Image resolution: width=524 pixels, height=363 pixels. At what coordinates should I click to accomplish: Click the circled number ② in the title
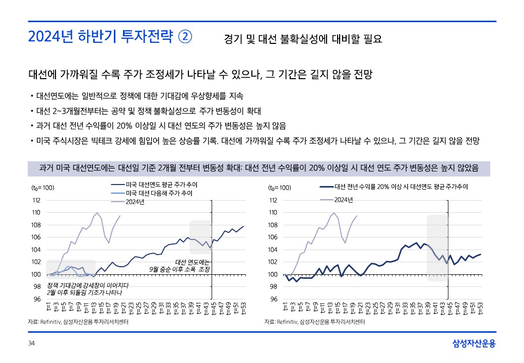point(185,37)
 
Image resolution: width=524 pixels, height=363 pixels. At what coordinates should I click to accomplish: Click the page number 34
point(31,344)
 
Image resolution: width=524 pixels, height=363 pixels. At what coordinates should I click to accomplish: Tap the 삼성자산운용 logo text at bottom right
point(474,344)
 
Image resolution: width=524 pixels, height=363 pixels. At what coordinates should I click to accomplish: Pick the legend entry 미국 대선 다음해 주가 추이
point(159,193)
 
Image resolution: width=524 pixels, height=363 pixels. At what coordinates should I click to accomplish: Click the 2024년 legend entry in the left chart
point(135,202)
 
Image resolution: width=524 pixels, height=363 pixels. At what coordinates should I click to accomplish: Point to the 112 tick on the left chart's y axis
point(36,200)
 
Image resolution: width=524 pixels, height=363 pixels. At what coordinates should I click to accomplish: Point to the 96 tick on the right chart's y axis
point(274,299)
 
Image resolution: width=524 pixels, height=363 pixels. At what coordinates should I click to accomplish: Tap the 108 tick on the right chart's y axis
point(273,225)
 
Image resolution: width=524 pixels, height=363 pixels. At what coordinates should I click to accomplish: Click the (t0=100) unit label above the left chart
point(43,188)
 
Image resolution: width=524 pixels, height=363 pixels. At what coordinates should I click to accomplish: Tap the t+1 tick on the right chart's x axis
point(285,308)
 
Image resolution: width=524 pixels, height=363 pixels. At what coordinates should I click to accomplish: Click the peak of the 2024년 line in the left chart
point(97,213)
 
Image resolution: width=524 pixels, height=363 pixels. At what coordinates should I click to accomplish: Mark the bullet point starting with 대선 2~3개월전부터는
point(152,110)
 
